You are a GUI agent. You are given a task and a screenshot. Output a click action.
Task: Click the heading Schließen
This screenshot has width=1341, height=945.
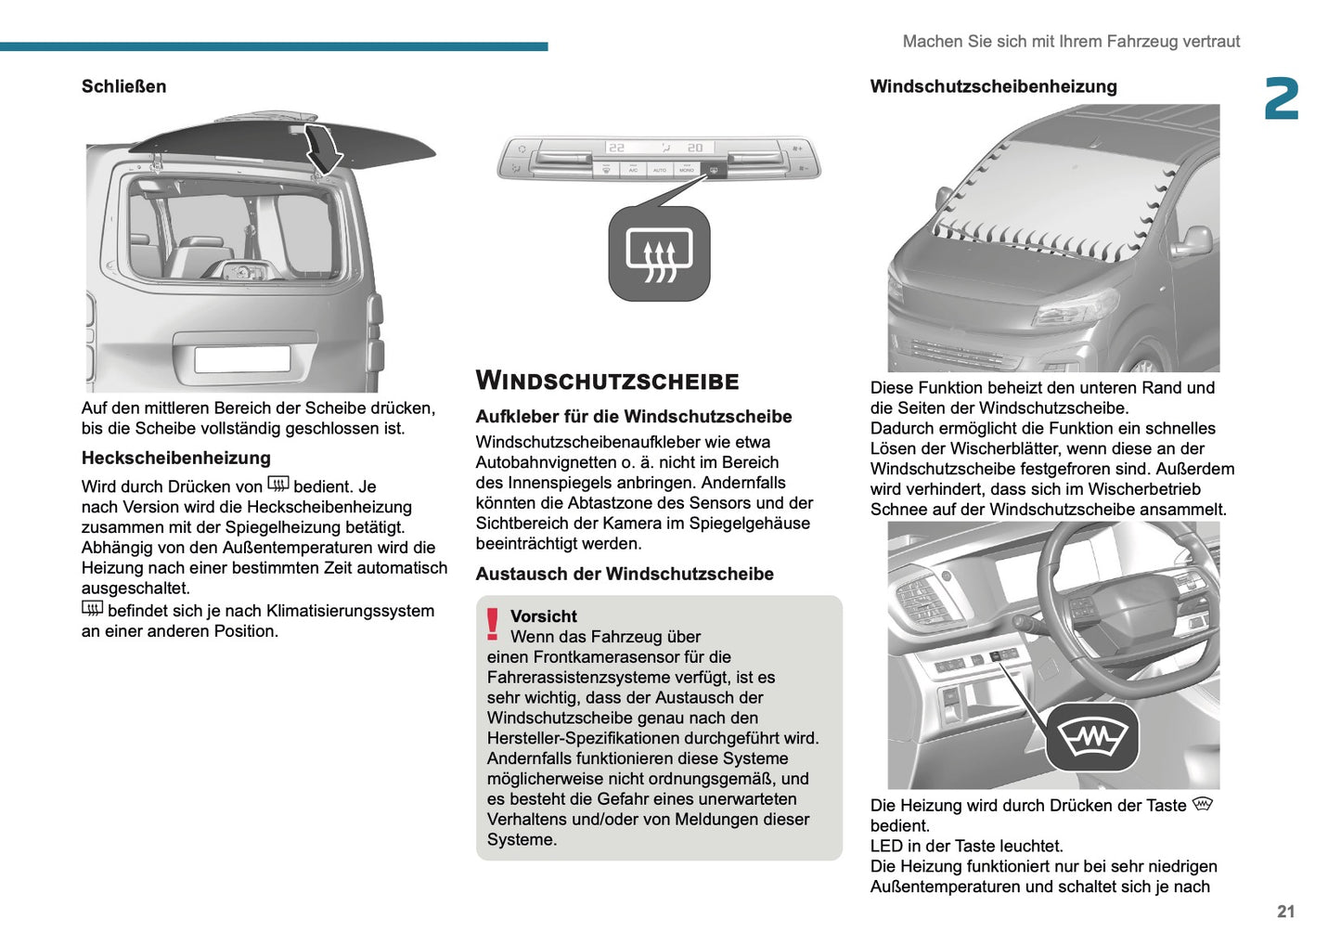123,86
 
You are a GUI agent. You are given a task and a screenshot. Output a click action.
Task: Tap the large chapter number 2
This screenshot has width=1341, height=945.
1281,99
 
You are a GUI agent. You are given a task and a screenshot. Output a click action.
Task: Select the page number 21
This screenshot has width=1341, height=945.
1285,912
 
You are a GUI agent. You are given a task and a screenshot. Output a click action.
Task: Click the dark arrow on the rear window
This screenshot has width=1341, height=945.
324,148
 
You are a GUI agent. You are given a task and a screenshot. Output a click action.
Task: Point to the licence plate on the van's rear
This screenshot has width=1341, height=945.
242,358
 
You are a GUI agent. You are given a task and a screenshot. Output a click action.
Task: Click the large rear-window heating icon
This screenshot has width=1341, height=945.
659,254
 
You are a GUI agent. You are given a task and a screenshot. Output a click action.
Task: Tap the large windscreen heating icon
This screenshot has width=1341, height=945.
1092,737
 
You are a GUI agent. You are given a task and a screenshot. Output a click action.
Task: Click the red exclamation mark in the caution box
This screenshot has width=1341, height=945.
493,625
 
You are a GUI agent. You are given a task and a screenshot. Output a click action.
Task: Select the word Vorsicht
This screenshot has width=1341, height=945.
543,616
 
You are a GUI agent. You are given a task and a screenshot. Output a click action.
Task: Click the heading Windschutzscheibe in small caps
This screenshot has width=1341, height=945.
607,381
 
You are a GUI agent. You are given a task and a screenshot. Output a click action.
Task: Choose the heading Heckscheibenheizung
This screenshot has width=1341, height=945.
175,458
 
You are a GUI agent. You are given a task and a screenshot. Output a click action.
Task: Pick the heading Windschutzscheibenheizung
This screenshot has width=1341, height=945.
993,86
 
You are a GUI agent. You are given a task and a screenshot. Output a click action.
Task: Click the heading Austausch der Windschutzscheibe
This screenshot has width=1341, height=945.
624,574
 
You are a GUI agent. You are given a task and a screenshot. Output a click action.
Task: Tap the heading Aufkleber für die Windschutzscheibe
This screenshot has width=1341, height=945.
633,417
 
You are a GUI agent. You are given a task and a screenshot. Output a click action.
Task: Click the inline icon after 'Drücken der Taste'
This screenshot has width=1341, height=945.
1203,804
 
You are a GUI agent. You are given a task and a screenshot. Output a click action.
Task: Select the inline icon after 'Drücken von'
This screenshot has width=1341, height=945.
278,484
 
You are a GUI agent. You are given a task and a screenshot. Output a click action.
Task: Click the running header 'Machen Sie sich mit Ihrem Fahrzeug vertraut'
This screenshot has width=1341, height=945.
1071,42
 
